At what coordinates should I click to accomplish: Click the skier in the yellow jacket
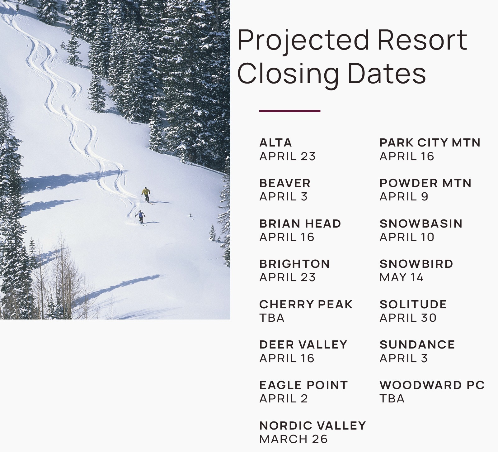click(x=146, y=195)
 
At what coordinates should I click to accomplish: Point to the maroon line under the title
click(x=290, y=111)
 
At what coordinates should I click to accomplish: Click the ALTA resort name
click(x=275, y=143)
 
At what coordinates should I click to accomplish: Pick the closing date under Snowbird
click(x=402, y=277)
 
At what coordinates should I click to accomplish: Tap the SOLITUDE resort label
click(x=413, y=304)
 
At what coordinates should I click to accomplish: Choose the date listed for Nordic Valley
click(x=294, y=439)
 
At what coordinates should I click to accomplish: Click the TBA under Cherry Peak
click(x=272, y=318)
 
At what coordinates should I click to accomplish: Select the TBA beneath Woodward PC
click(x=392, y=399)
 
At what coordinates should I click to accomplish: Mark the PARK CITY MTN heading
click(x=430, y=143)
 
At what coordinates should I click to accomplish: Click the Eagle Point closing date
click(x=284, y=399)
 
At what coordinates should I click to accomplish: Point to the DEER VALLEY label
click(x=303, y=345)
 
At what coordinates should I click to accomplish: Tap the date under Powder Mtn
click(x=404, y=197)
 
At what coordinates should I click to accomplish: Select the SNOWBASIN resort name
click(x=421, y=224)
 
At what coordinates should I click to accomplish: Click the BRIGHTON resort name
click(x=294, y=264)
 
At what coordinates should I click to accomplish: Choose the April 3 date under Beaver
click(x=283, y=197)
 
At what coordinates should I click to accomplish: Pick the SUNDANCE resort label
click(x=417, y=345)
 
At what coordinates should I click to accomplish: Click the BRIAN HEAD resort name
click(x=300, y=224)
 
